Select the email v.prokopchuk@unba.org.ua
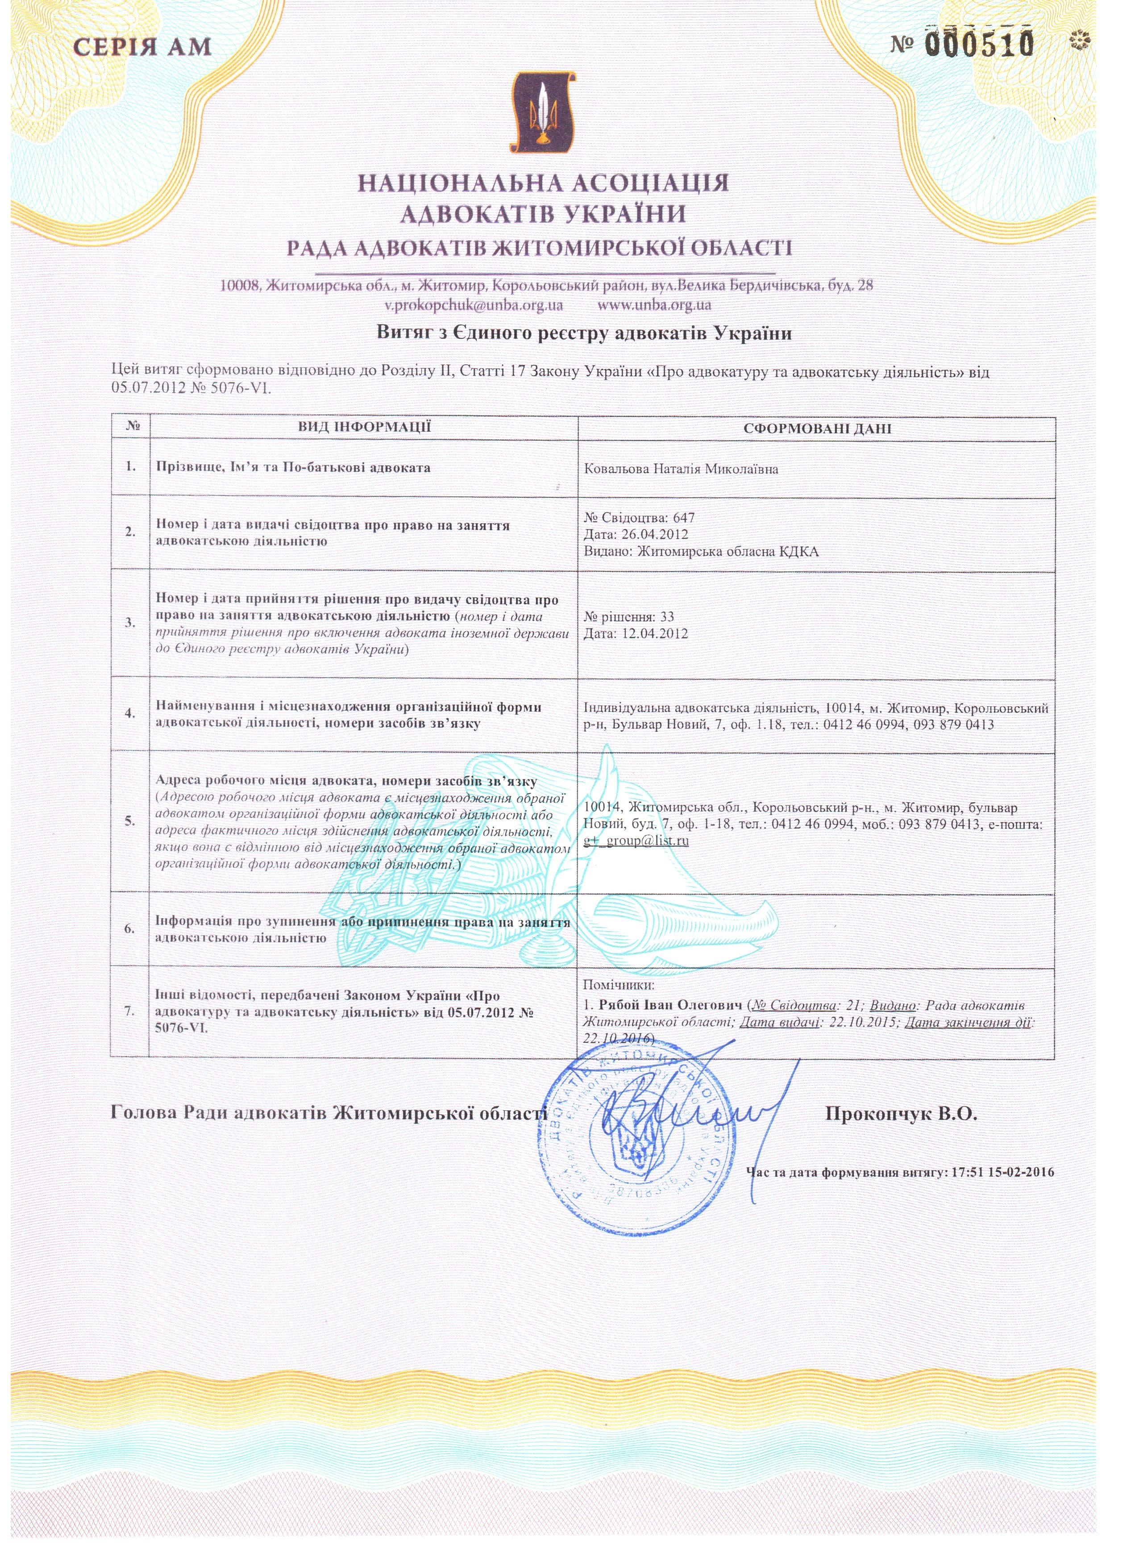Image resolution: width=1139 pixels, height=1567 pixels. click(x=473, y=304)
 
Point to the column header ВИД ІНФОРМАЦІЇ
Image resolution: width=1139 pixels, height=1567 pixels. click(x=364, y=426)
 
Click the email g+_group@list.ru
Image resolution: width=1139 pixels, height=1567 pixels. click(x=636, y=841)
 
